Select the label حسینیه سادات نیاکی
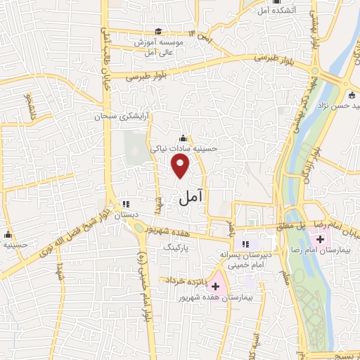pos(188,149)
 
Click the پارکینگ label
pos(176,247)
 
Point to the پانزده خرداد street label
pos(184,281)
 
